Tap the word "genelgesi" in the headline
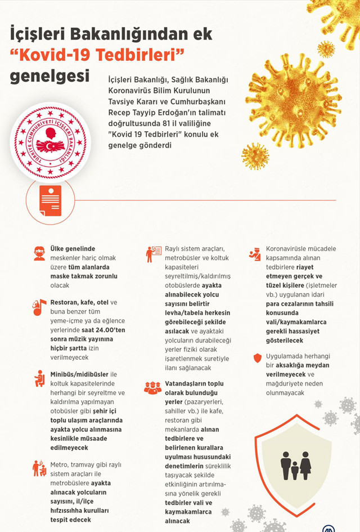[x=49, y=75]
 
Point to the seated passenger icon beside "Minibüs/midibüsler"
[x=39, y=378]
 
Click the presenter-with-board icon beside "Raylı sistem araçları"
[x=153, y=253]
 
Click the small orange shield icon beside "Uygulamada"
[x=257, y=357]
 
